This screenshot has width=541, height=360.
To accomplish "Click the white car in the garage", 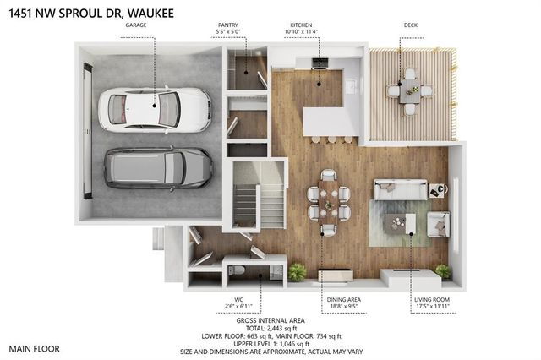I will click(155, 109).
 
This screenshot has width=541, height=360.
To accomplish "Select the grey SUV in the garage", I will click(158, 167).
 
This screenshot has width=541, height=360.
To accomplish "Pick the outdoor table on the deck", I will click(410, 87).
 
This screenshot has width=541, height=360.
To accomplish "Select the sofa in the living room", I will click(400, 190).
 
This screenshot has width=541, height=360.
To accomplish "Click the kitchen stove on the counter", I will click(320, 63).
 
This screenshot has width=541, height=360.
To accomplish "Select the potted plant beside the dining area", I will click(297, 272).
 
